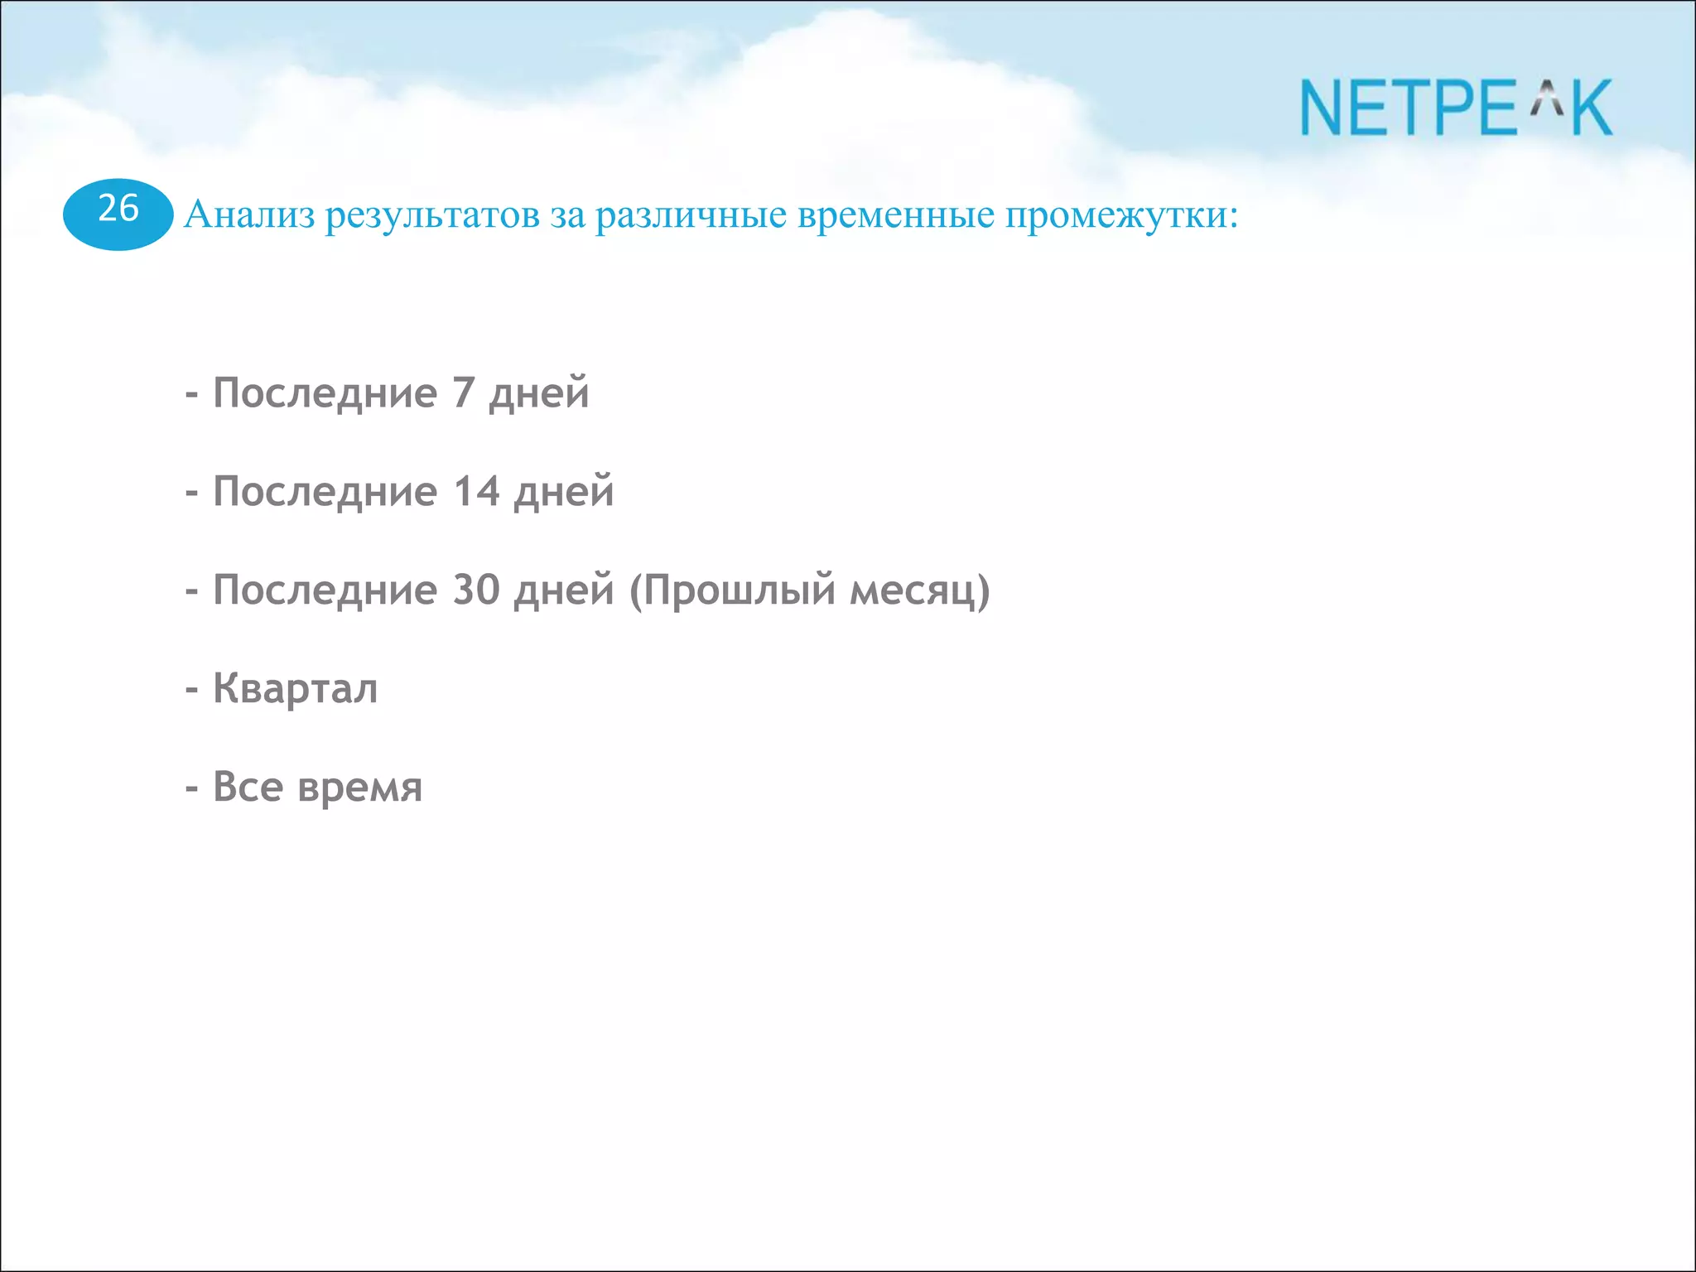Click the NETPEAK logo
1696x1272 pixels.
(1456, 108)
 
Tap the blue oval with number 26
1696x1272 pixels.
(118, 214)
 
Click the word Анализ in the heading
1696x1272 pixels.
(249, 215)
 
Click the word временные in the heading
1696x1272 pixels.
(896, 215)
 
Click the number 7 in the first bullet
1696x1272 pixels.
(463, 393)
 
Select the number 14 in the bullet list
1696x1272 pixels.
(476, 491)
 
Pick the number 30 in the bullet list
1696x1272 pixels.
(476, 590)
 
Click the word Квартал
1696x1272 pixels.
(296, 689)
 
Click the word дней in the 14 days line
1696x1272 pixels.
(564, 493)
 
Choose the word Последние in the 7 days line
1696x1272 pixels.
(325, 394)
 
